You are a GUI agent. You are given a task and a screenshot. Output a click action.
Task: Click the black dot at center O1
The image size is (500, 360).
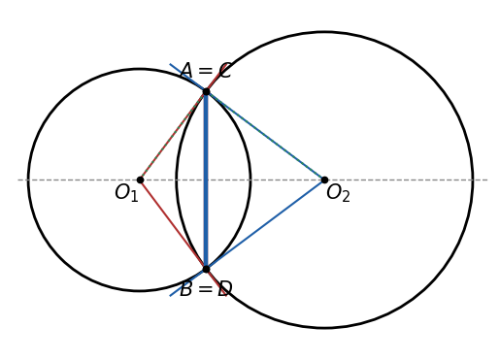(x=140, y=180)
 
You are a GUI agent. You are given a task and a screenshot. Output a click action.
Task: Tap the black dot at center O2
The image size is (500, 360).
(x=324, y=180)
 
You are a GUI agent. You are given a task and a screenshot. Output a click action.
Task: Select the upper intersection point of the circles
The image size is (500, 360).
(x=206, y=92)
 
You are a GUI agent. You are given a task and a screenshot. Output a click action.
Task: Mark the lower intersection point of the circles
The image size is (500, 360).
(x=206, y=269)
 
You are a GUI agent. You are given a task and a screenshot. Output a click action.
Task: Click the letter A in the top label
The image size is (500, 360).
(x=186, y=71)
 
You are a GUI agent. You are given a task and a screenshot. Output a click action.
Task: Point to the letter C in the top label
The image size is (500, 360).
(x=225, y=71)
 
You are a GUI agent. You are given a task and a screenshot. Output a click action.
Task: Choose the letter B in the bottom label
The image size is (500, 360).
(x=186, y=289)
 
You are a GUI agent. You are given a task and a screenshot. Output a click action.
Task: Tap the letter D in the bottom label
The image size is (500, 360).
(x=225, y=289)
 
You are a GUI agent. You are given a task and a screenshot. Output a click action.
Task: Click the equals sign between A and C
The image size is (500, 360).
(x=206, y=71)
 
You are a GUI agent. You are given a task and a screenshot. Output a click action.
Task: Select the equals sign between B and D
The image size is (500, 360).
(x=205, y=289)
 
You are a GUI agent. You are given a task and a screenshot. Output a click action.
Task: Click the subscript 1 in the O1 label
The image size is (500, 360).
(x=134, y=196)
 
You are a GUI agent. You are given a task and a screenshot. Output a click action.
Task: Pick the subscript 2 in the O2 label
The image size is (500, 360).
(x=346, y=196)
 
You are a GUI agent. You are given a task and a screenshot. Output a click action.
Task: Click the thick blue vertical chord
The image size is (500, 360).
(x=206, y=180)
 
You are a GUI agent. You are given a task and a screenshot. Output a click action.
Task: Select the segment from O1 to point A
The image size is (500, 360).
(x=173, y=136)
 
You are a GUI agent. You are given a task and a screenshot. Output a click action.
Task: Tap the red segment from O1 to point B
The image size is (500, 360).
(x=173, y=224)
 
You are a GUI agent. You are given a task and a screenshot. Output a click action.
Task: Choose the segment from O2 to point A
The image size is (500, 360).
(x=265, y=136)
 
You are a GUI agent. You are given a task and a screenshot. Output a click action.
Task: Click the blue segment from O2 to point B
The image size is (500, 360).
(x=265, y=224)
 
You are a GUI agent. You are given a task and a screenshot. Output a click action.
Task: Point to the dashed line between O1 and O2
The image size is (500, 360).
(x=232, y=180)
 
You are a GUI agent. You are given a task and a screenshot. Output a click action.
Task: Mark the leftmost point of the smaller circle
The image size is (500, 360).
(x=28, y=180)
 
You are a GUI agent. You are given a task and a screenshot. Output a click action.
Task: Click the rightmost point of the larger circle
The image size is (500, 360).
(x=473, y=180)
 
